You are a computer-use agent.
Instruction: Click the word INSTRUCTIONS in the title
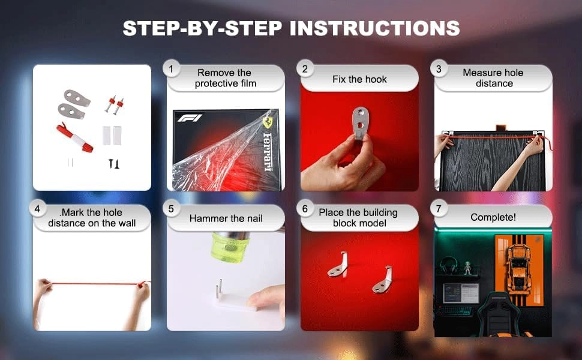click(374, 28)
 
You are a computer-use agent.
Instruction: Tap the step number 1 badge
click(171, 69)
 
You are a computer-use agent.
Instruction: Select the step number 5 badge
click(171, 209)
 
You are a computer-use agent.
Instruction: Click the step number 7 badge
click(439, 209)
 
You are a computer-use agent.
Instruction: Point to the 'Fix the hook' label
click(359, 79)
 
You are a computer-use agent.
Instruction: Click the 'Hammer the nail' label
click(226, 218)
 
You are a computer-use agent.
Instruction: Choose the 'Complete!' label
click(493, 217)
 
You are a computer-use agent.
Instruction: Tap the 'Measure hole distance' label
click(493, 78)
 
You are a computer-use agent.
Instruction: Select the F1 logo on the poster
click(190, 118)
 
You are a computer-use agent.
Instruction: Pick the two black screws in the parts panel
click(113, 164)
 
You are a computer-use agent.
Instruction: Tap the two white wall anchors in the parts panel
click(112, 135)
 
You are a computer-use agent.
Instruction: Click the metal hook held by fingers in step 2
click(359, 122)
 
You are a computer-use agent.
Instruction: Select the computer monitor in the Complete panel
click(461, 293)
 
